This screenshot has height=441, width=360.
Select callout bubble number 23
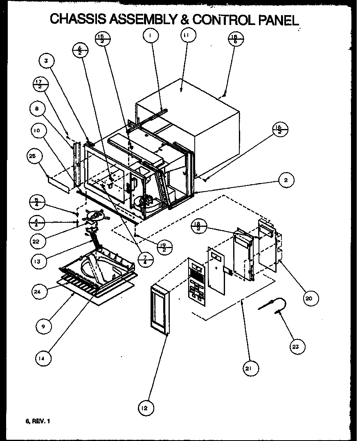(295, 347)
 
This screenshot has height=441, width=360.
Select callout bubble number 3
(46, 61)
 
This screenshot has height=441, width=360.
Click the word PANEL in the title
(277, 19)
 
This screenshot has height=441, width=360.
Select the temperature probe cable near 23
(272, 306)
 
